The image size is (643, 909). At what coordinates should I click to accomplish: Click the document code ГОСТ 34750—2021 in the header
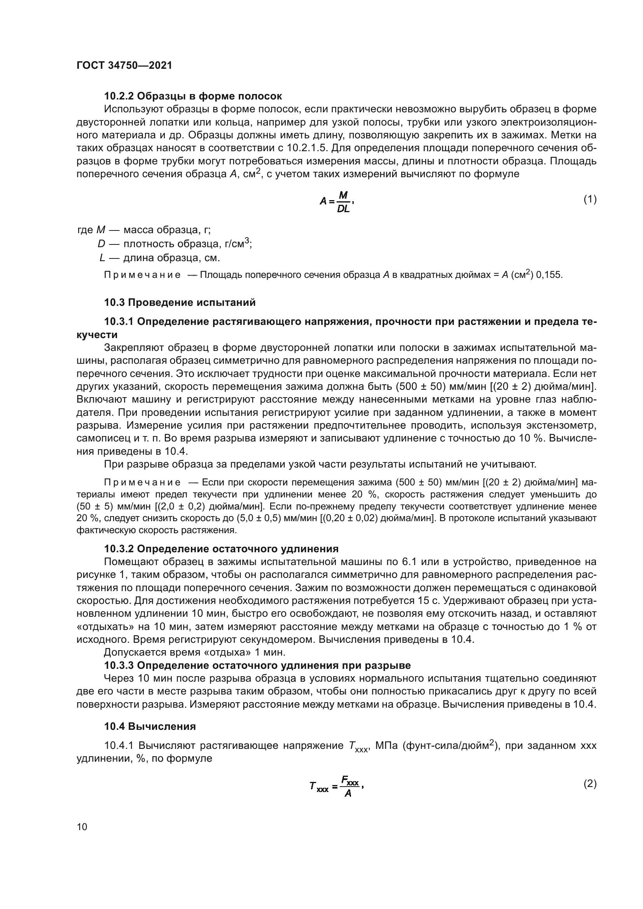coord(124,66)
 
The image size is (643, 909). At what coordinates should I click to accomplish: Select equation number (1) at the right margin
coord(590,199)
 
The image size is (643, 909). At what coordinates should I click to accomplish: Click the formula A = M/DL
coord(337,201)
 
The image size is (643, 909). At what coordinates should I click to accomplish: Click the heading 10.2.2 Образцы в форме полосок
coord(193,96)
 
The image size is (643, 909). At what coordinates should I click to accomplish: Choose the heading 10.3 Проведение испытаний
coord(180,302)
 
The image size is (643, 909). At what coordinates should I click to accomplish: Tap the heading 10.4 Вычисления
coord(150,726)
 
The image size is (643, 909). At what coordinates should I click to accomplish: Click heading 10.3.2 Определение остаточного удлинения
coord(221,549)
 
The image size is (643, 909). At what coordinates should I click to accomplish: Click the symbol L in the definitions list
coord(102,258)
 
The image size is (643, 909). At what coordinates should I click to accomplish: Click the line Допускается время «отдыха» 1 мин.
coord(194,652)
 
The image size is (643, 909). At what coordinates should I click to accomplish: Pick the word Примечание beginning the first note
coord(142,275)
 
